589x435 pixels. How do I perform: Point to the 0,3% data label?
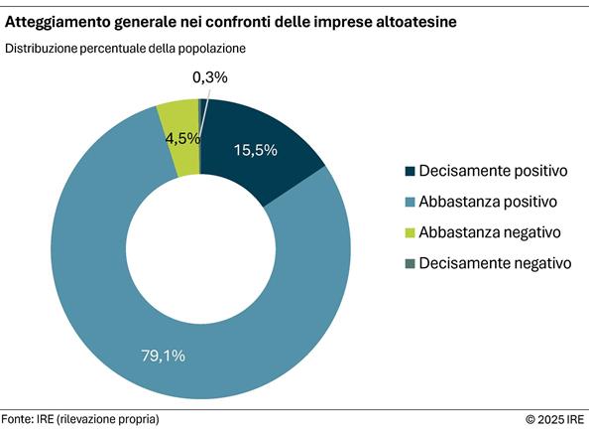[x=209, y=76]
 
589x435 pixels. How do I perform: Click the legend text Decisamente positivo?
[x=493, y=171]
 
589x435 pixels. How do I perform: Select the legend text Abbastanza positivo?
[x=489, y=202]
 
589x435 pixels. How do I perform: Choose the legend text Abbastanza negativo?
[x=490, y=232]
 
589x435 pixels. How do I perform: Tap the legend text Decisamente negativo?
[x=495, y=263]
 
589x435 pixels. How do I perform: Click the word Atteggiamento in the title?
[x=60, y=20]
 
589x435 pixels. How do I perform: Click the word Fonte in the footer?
[x=19, y=419]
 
